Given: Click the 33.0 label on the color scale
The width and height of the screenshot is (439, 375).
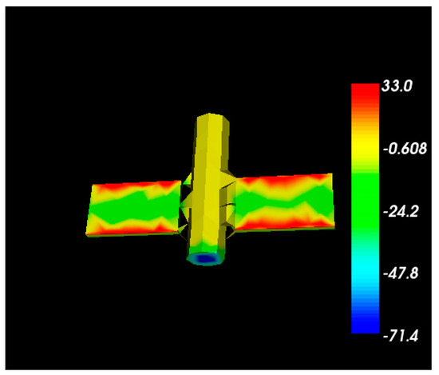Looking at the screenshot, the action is pyautogui.click(x=397, y=86).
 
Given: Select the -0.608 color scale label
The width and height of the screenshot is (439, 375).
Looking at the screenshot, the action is pyautogui.click(x=405, y=149).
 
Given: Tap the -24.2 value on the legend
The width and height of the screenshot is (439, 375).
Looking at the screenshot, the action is pyautogui.click(x=401, y=211).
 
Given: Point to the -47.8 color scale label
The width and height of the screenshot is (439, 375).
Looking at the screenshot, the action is pyautogui.click(x=401, y=273).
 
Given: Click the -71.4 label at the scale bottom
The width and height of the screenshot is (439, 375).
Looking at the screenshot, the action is pyautogui.click(x=401, y=336).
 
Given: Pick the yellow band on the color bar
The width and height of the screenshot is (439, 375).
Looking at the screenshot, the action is pyautogui.click(x=365, y=146).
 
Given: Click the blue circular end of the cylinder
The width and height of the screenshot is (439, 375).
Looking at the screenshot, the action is pyautogui.click(x=206, y=258).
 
